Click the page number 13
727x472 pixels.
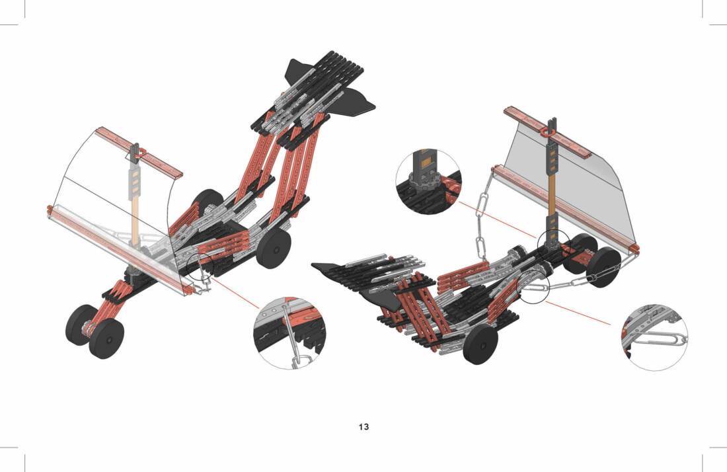click(363, 426)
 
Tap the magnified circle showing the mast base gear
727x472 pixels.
click(429, 182)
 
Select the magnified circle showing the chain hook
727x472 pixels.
click(289, 334)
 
